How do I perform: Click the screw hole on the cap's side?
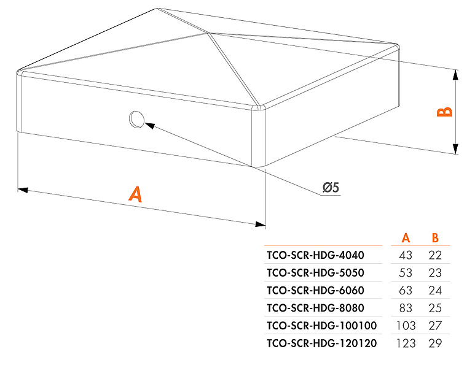tap(136, 119)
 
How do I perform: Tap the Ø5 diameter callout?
tap(331, 188)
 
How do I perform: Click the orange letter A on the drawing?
tap(135, 194)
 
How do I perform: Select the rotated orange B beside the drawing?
tap(444, 112)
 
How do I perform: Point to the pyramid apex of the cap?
tap(208, 33)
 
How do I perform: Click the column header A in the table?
tap(406, 238)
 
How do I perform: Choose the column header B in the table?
tap(435, 238)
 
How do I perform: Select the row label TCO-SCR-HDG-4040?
tap(315, 255)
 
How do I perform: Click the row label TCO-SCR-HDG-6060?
tap(315, 290)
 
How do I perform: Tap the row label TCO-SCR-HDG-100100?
tap(322, 326)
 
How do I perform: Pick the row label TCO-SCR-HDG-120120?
tap(322, 343)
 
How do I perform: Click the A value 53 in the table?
tap(406, 273)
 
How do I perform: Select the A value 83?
tap(406, 308)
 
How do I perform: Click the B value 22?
tap(435, 255)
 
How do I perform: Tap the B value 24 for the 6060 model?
tap(435, 290)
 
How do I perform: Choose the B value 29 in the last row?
tap(435, 343)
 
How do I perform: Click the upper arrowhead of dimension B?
tap(455, 75)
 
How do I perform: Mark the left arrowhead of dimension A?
tap(23, 190)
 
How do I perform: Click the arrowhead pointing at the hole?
tap(150, 126)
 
